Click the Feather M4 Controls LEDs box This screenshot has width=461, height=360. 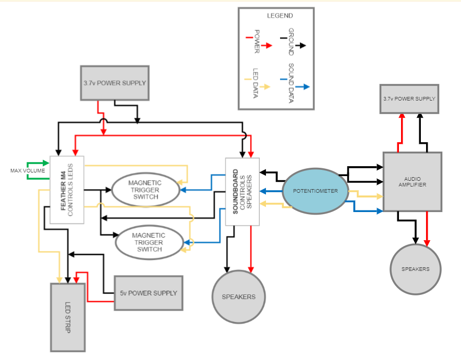tap(67, 190)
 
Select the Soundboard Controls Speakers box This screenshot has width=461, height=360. tap(242, 191)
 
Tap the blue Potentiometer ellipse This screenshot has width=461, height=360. tap(314, 191)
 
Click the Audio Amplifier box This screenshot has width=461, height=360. tap(412, 181)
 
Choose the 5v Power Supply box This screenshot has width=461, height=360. tap(148, 293)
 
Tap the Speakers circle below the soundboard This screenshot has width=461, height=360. tap(239, 296)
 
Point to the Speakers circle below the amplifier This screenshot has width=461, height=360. tap(416, 269)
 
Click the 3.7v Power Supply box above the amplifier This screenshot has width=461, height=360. tap(409, 99)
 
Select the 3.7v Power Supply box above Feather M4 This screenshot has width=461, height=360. tap(115, 83)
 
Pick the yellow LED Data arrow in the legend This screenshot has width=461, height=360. tap(260, 87)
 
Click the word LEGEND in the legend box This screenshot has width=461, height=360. tap(280, 16)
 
